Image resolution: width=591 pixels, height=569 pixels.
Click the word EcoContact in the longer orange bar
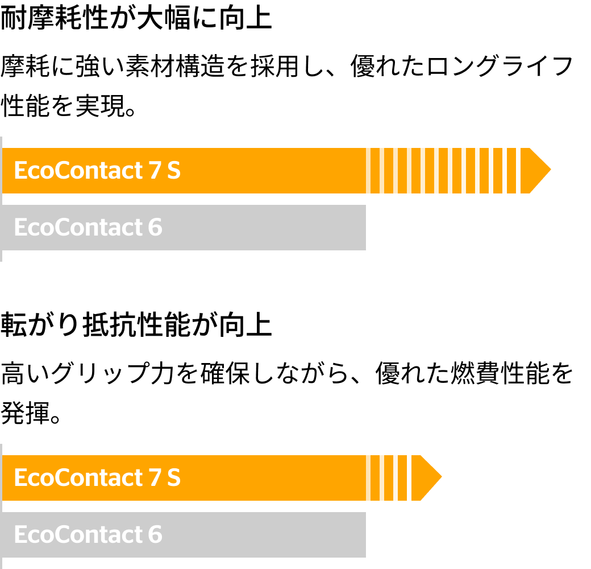click(x=78, y=171)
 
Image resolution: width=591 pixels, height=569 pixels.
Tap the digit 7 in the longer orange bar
click(x=155, y=171)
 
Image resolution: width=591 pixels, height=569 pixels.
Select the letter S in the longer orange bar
click(x=174, y=171)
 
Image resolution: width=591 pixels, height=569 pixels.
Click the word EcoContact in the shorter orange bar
click(x=78, y=478)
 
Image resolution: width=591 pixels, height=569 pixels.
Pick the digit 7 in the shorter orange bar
click(x=155, y=478)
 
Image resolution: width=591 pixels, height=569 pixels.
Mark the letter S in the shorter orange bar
click(x=174, y=478)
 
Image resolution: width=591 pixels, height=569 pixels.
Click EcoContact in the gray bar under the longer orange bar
click(x=78, y=228)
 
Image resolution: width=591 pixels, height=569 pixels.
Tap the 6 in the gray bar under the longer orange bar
click(x=155, y=228)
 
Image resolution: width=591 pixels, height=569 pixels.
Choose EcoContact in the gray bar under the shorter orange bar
click(x=78, y=535)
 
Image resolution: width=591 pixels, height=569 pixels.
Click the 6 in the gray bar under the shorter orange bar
click(x=155, y=535)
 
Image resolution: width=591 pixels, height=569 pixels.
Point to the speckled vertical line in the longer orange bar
click(x=518, y=171)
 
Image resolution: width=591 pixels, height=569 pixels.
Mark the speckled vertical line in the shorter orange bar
click(x=410, y=478)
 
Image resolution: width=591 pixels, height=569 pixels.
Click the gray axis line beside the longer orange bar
click(x=1, y=199)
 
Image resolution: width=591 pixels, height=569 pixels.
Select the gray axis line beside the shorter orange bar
click(x=1, y=506)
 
